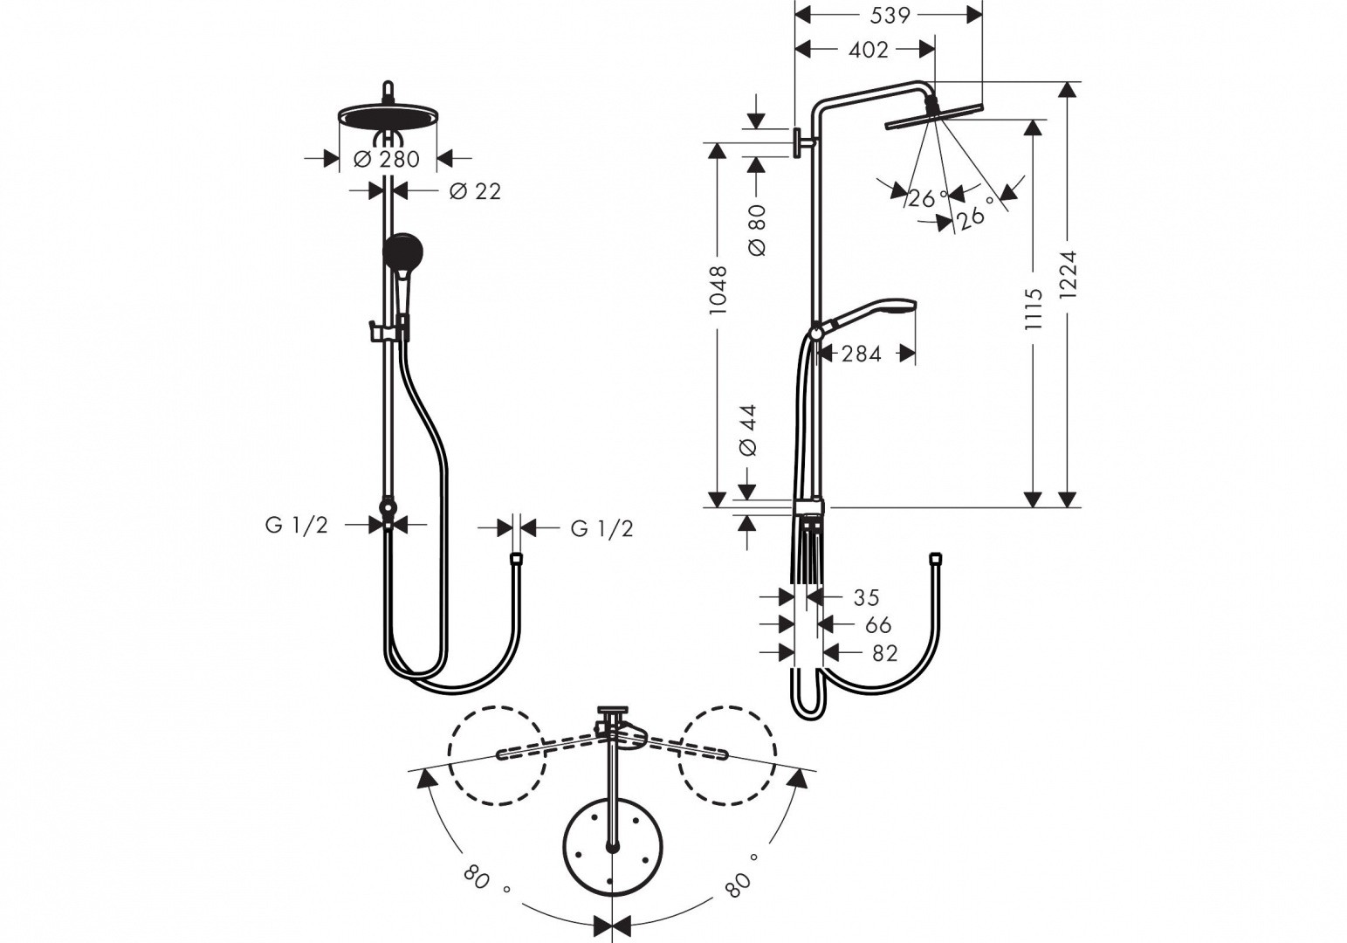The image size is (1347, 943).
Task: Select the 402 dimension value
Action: [x=869, y=50]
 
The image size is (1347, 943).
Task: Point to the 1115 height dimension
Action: [x=1034, y=308]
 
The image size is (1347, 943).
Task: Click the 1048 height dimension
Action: [x=718, y=290]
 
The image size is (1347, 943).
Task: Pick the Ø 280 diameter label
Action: [x=387, y=159]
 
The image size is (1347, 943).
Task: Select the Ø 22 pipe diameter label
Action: [x=476, y=191]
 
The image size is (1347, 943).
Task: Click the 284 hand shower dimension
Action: [x=861, y=354]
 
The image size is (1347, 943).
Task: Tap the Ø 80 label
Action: [x=757, y=231]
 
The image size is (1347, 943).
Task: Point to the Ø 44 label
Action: [x=748, y=430]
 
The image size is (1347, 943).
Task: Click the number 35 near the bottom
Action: [x=866, y=598]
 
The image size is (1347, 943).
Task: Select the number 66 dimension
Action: [x=878, y=625]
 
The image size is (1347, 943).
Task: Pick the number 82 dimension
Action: [x=884, y=653]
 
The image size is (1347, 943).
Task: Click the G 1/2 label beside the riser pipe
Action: [x=297, y=525]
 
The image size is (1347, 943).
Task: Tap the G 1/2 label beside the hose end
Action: [x=601, y=528]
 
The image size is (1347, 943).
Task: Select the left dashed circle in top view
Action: [x=495, y=754]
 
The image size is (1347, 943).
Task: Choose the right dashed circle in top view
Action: [x=728, y=754]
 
